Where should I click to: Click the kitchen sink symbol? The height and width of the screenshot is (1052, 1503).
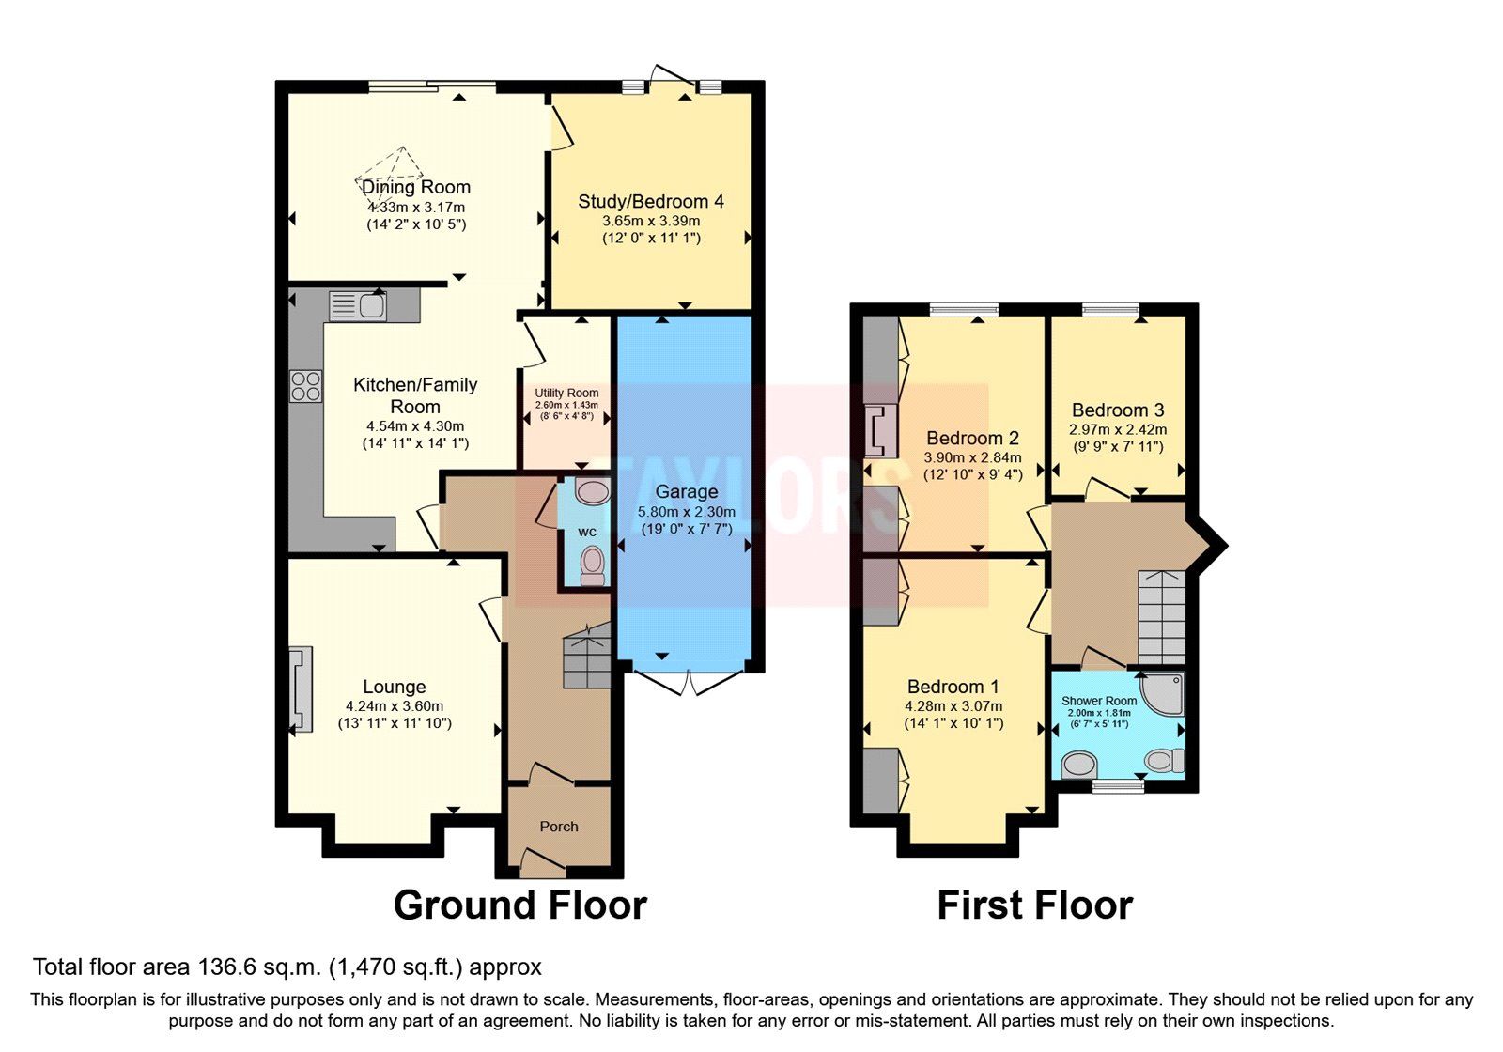click(x=358, y=306)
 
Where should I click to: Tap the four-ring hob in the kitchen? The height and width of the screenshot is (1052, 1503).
click(x=305, y=387)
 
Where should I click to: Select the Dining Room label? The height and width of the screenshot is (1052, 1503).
click(x=416, y=187)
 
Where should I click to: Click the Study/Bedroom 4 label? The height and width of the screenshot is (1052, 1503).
click(x=651, y=201)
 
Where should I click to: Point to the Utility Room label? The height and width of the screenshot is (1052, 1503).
click(x=566, y=393)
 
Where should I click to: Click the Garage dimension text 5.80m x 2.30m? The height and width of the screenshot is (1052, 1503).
click(x=686, y=512)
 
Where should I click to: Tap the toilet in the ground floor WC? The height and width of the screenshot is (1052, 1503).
click(x=592, y=566)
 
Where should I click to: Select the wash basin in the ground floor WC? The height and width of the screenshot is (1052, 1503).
click(x=592, y=491)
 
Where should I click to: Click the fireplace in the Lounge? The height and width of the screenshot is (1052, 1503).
click(x=300, y=689)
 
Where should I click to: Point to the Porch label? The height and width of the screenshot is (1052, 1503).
click(x=559, y=827)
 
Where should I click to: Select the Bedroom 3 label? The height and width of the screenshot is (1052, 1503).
click(x=1118, y=410)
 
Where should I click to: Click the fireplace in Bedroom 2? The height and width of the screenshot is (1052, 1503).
click(x=880, y=430)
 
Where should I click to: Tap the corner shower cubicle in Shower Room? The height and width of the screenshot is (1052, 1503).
click(x=1166, y=691)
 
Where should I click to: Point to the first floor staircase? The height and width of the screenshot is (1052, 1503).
click(x=1162, y=616)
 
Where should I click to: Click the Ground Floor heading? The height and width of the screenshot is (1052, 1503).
click(x=519, y=905)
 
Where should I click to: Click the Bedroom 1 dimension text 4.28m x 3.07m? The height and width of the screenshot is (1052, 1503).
click(x=953, y=706)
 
